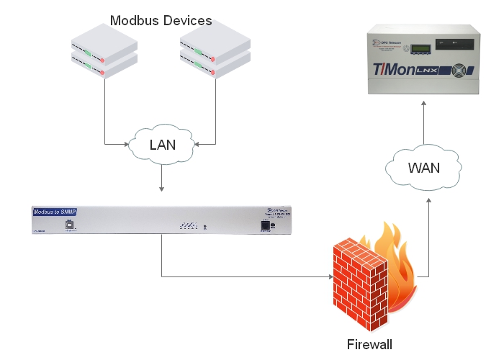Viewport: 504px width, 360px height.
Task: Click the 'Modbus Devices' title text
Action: pos(161,20)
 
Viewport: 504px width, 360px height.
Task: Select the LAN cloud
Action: pos(161,145)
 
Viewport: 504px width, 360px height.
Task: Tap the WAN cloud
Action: pos(423,168)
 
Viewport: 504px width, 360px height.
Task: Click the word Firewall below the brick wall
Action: pos(368,343)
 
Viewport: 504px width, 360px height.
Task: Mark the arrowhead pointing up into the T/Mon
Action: pos(423,105)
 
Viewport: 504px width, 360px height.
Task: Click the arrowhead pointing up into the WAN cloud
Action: pos(428,204)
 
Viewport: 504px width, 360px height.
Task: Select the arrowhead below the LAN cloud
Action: pos(162,189)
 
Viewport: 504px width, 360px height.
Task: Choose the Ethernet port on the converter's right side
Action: pos(266,225)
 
